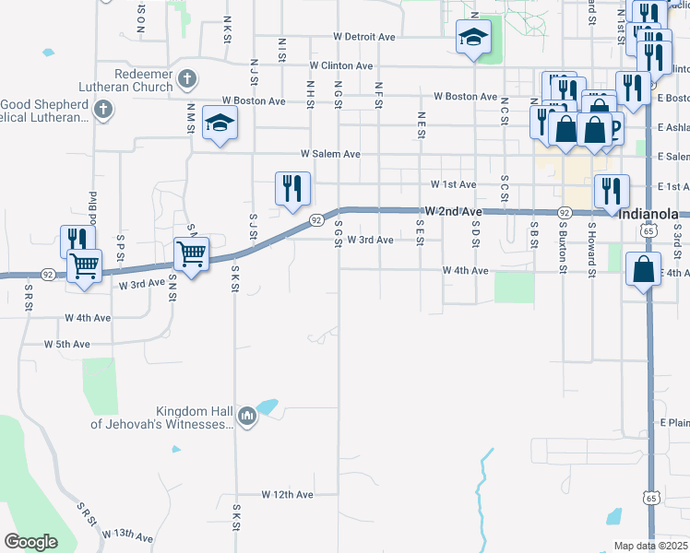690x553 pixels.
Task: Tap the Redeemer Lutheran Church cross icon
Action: pyautogui.click(x=187, y=78)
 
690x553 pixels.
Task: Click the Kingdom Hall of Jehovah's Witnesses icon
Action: pyautogui.click(x=246, y=418)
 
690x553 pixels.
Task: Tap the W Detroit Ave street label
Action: pyautogui.click(x=364, y=37)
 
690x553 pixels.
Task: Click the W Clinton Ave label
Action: pyautogui.click(x=341, y=66)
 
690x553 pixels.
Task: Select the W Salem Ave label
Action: pyautogui.click(x=330, y=155)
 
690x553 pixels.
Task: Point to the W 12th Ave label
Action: pyautogui.click(x=288, y=495)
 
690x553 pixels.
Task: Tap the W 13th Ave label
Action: pyautogui.click(x=127, y=535)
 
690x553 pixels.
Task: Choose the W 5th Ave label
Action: pyautogui.click(x=68, y=344)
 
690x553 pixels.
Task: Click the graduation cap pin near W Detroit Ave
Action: pyautogui.click(x=473, y=38)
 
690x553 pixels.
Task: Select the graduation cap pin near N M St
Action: pyautogui.click(x=220, y=123)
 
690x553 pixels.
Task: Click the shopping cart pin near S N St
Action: pyautogui.click(x=190, y=253)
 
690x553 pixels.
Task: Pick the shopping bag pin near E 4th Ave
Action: pyautogui.click(x=643, y=270)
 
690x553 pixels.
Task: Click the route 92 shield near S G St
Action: pyautogui.click(x=315, y=220)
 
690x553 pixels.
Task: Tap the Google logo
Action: pyautogui.click(x=31, y=543)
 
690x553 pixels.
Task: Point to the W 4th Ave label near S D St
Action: pyautogui.click(x=465, y=271)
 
